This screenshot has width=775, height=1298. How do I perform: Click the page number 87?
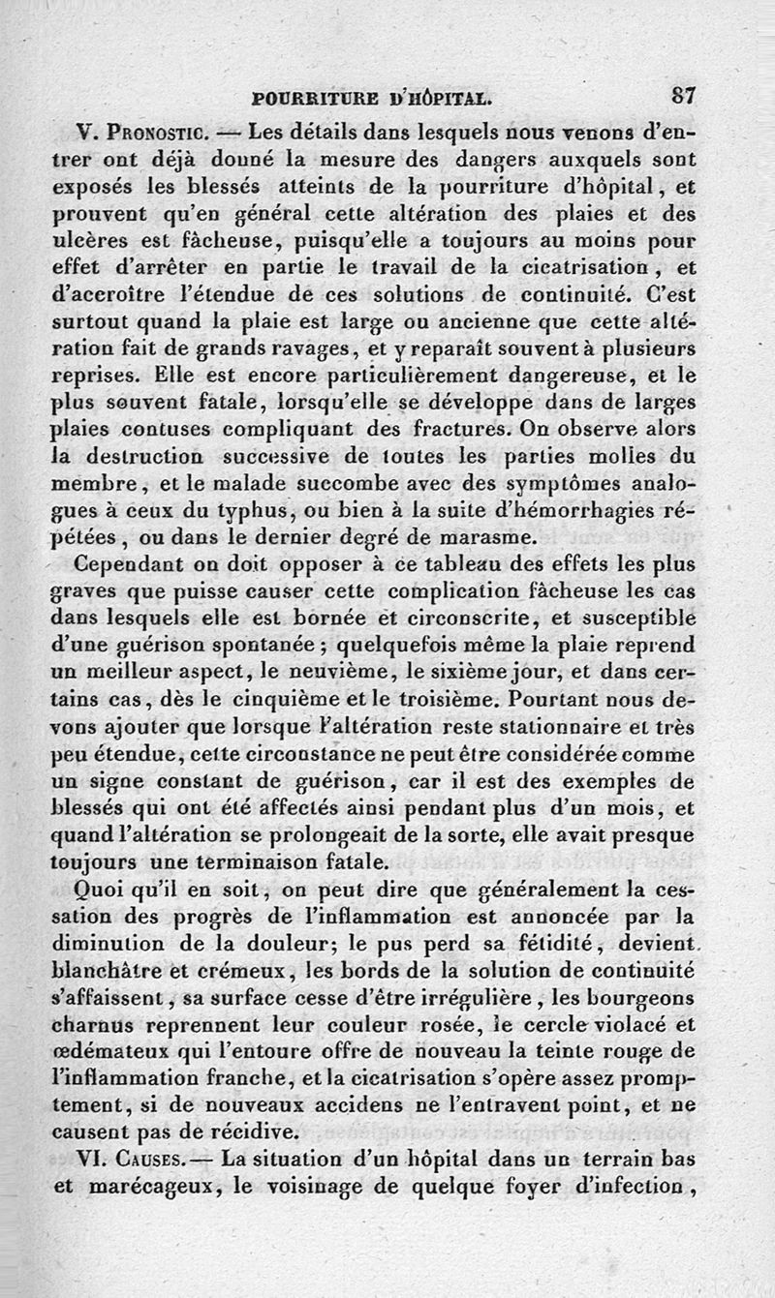683,95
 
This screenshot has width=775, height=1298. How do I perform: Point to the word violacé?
617,1024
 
